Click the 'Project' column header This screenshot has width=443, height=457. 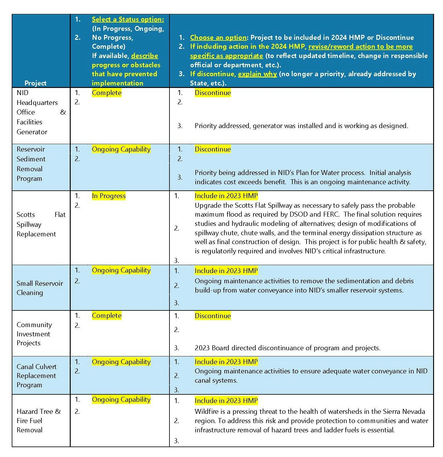point(36,83)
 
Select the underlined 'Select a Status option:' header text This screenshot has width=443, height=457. point(128,19)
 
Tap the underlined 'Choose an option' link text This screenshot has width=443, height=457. point(218,37)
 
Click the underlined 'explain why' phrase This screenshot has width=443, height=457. point(257,74)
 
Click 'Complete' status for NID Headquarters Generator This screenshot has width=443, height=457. point(107,93)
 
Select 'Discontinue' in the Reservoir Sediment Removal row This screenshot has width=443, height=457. point(213,149)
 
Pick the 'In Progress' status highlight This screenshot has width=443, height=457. point(109,196)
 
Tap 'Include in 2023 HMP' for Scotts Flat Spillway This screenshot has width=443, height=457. point(226,196)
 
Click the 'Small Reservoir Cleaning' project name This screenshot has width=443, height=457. point(40,288)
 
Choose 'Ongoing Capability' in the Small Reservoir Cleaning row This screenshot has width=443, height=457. point(121,270)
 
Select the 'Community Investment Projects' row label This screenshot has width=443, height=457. point(34,334)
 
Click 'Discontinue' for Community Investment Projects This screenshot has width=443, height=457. point(213,316)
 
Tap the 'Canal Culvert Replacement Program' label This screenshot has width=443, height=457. point(36,376)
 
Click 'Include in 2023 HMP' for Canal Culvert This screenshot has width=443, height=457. point(226,362)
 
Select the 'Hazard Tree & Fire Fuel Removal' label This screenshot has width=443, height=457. point(38,421)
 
